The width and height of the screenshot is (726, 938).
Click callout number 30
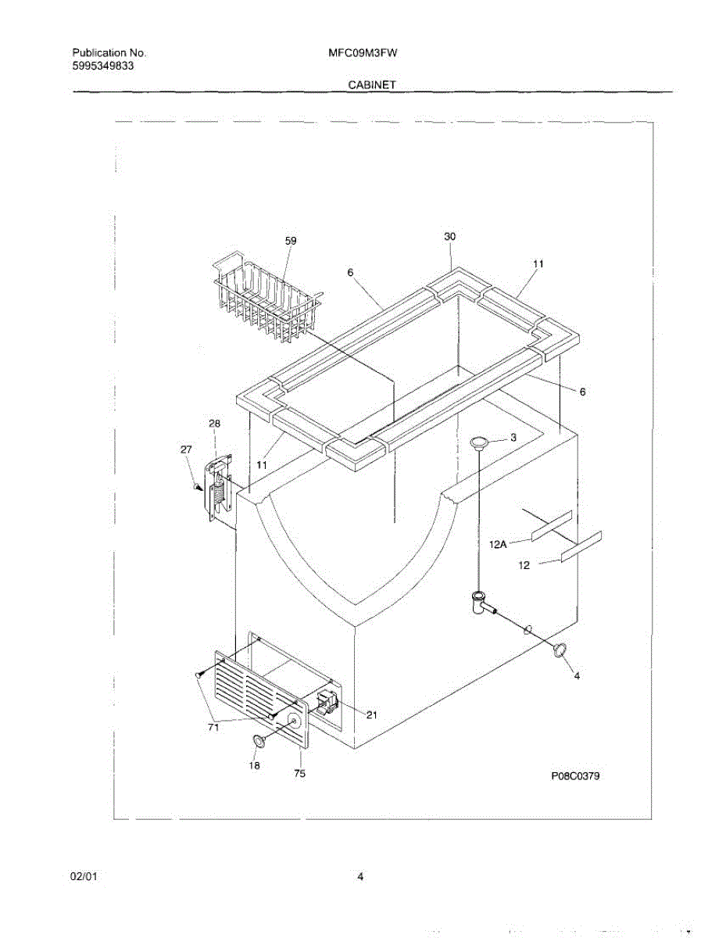[x=449, y=236]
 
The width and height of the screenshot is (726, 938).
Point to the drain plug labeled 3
[x=480, y=444]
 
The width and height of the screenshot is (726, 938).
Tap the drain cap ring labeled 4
[x=560, y=648]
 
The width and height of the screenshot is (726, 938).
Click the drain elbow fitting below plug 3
[x=479, y=603]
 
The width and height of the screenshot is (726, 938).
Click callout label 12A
[x=499, y=545]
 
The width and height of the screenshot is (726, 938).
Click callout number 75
[x=299, y=774]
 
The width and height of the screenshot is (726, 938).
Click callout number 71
[x=213, y=727]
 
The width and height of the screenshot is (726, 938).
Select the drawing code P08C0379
[x=579, y=775]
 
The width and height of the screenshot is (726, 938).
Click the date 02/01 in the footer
[x=84, y=877]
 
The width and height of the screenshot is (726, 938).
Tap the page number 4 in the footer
[x=360, y=877]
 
